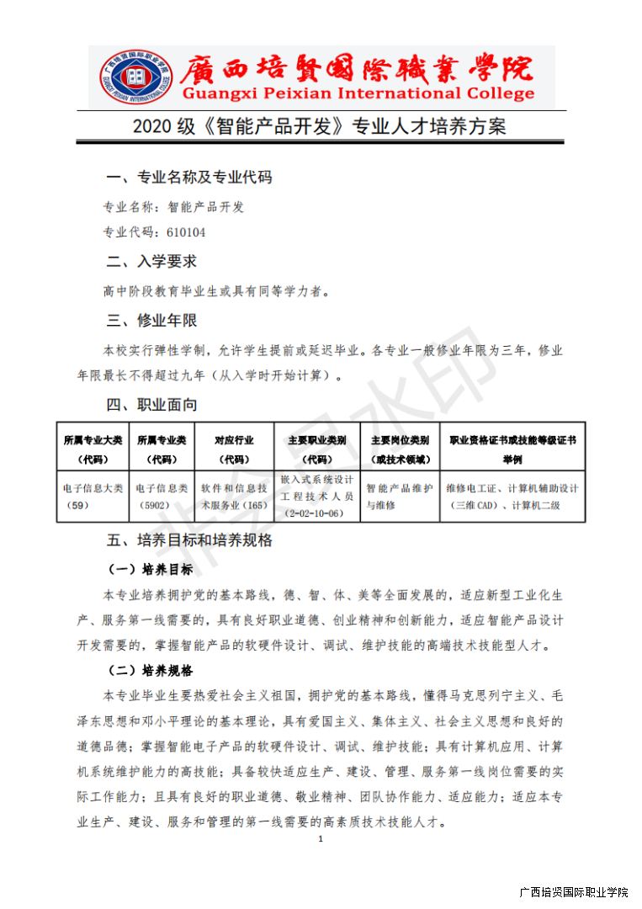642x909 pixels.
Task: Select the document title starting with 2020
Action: (x=320, y=128)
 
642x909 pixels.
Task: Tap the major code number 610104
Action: (x=187, y=232)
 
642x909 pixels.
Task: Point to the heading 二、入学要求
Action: (x=151, y=262)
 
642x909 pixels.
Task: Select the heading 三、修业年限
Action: (x=151, y=321)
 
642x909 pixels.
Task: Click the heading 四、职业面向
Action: (x=151, y=405)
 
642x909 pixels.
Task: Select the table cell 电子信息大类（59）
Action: (x=93, y=496)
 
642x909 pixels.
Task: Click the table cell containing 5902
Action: (x=162, y=496)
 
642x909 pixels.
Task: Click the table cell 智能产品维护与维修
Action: (x=400, y=496)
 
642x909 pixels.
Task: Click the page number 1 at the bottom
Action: (x=321, y=839)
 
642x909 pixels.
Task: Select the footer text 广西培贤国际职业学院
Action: (x=574, y=893)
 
